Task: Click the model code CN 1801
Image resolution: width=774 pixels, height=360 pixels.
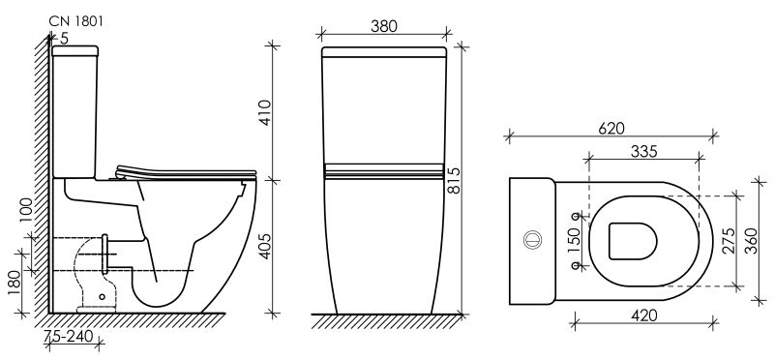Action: coord(76,21)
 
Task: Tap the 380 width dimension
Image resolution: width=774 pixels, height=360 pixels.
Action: coord(383,26)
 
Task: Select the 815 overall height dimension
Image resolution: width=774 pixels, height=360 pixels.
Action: coord(454,180)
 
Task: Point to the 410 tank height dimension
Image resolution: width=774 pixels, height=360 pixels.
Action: coord(265,112)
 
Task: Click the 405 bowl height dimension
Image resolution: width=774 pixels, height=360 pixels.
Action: coord(265,246)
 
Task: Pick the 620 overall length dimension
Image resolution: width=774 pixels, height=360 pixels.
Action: coord(611,129)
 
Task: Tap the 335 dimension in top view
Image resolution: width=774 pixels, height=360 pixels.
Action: coord(643,152)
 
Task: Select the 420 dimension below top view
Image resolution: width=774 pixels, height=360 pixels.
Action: coord(643,315)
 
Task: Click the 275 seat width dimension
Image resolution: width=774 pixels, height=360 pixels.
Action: coord(729,241)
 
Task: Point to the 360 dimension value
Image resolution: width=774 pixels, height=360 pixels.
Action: coord(751,241)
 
